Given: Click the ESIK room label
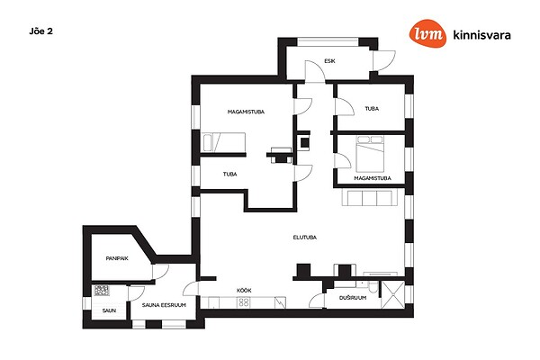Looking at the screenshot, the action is (329, 61).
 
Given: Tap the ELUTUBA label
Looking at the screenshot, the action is (305, 238).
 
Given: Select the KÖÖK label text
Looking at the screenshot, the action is (244, 291).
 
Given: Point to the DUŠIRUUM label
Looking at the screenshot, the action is (353, 298).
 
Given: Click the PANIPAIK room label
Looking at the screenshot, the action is (117, 258).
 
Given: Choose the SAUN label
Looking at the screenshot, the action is (109, 310).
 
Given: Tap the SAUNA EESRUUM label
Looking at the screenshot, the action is (164, 305).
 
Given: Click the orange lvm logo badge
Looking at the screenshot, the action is (427, 33).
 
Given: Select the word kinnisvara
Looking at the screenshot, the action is (481, 35).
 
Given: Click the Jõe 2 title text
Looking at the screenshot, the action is (41, 31).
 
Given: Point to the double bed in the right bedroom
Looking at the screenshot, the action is (370, 154).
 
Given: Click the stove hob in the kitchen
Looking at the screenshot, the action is (244, 302).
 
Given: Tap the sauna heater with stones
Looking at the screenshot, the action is (102, 291).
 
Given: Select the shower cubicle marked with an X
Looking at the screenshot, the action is (393, 294).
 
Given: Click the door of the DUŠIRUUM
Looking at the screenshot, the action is (317, 301).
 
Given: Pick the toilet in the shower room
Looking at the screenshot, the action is (373, 288).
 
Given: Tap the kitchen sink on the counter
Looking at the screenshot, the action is (280, 302).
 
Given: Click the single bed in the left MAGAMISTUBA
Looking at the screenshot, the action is (224, 142).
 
